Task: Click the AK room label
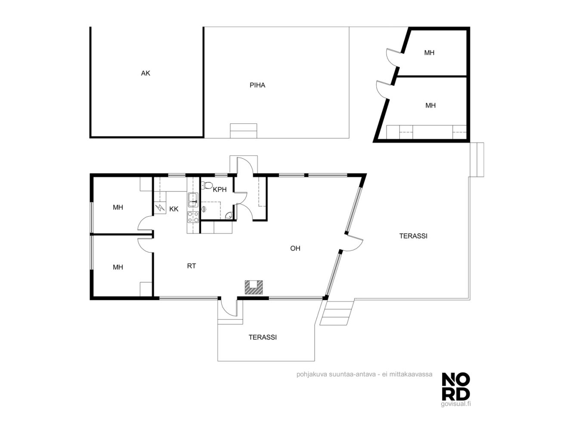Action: (x=145, y=73)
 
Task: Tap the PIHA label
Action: (x=257, y=85)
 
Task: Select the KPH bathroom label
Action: (x=220, y=190)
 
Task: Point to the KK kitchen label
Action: (x=174, y=209)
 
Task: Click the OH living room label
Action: (x=295, y=248)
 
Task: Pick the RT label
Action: (x=191, y=266)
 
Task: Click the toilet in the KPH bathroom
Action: (x=206, y=185)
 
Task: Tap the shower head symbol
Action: (x=204, y=209)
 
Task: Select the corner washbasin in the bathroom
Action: (x=229, y=216)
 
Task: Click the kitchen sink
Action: (x=192, y=200)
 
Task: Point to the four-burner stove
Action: (x=193, y=217)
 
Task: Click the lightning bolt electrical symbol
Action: (x=160, y=207)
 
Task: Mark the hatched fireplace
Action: (x=254, y=287)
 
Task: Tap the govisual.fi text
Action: (x=455, y=404)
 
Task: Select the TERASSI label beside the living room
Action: (x=413, y=236)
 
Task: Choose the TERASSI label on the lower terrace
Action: (x=262, y=337)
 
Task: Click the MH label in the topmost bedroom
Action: (x=429, y=53)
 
